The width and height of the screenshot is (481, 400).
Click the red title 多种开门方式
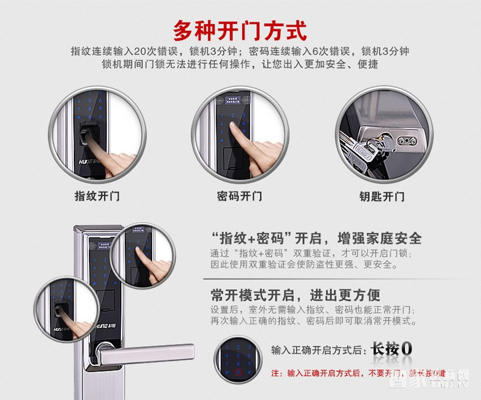click(x=240, y=29)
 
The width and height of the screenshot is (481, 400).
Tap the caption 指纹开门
click(x=97, y=197)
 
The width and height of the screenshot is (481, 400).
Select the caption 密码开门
click(x=239, y=197)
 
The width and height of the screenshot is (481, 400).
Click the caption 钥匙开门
click(x=382, y=197)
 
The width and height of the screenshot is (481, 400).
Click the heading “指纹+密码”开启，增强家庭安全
click(x=316, y=237)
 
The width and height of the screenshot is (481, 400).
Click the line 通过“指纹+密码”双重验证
click(x=315, y=253)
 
